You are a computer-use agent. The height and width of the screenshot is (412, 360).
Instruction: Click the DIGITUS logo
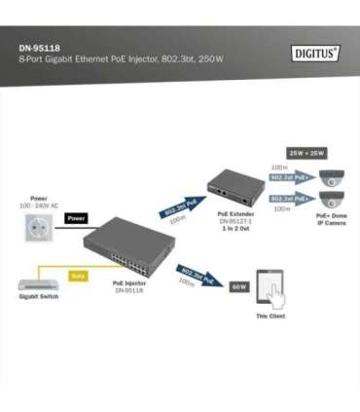(315, 54)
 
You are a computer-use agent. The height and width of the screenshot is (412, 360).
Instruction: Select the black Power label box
(77, 218)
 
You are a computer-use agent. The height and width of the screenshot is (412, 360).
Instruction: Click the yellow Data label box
(78, 276)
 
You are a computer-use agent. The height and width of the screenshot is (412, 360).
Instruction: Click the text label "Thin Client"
(270, 316)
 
